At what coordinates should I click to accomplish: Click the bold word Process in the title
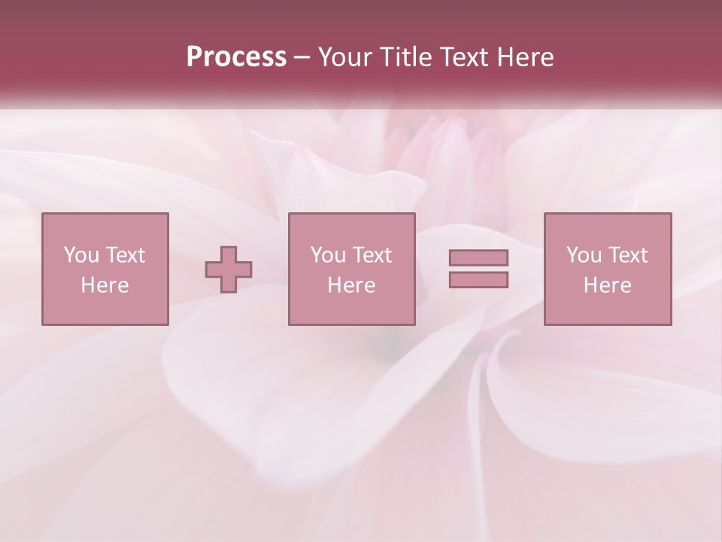[236, 57]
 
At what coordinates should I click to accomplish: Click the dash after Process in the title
[302, 57]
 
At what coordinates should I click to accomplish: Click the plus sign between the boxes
[229, 269]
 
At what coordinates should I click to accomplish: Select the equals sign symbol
[478, 269]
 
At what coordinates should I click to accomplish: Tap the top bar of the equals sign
[478, 257]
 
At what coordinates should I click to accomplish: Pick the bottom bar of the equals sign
[478, 280]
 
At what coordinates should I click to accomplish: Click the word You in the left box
[81, 255]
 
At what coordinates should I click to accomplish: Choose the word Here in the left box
[105, 285]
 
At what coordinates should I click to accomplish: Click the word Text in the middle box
[372, 255]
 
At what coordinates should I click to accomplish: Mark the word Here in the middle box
[351, 285]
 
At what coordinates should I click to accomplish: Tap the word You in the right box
[584, 255]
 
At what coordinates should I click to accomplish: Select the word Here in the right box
[607, 285]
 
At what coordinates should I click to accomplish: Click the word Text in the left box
[125, 255]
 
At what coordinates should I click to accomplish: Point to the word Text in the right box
[627, 255]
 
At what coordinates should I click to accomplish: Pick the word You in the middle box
[328, 255]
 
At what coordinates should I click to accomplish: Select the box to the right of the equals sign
[608, 269]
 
